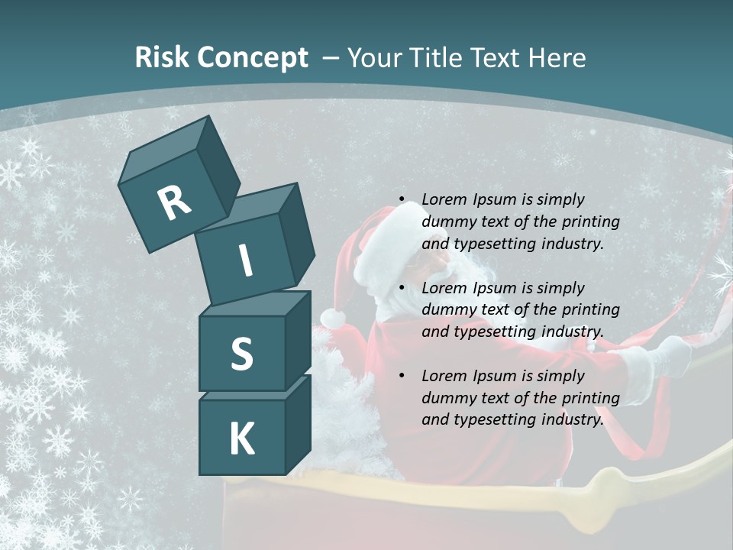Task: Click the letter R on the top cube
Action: click(174, 202)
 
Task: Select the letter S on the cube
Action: click(241, 354)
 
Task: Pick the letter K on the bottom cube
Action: click(241, 439)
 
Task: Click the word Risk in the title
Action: click(161, 57)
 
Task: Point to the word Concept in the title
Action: click(251, 58)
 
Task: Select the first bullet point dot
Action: click(402, 199)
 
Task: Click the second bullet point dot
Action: click(402, 288)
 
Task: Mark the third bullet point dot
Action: click(402, 376)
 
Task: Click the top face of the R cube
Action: click(163, 152)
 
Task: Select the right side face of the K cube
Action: click(298, 425)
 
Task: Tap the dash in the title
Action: click(331, 57)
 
